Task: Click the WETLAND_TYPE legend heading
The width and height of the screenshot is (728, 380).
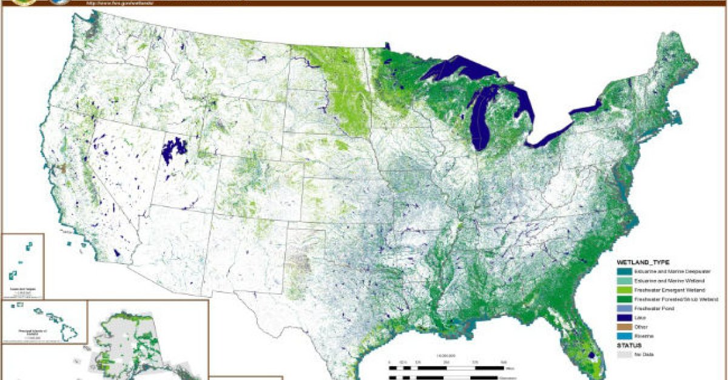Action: tap(643, 262)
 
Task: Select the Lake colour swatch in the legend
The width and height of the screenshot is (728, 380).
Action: tap(622, 317)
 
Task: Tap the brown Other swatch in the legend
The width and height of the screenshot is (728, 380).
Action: tap(622, 326)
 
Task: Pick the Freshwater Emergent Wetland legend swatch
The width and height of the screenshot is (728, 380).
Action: tap(622, 290)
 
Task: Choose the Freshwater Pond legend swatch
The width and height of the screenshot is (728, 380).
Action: tap(622, 308)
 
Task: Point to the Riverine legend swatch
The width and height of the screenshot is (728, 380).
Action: tap(622, 335)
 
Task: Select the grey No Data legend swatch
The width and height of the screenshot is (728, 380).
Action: tap(622, 354)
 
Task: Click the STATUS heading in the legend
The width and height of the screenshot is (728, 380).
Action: tap(629, 345)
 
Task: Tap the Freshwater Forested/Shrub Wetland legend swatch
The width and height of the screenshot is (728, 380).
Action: tap(622, 299)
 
